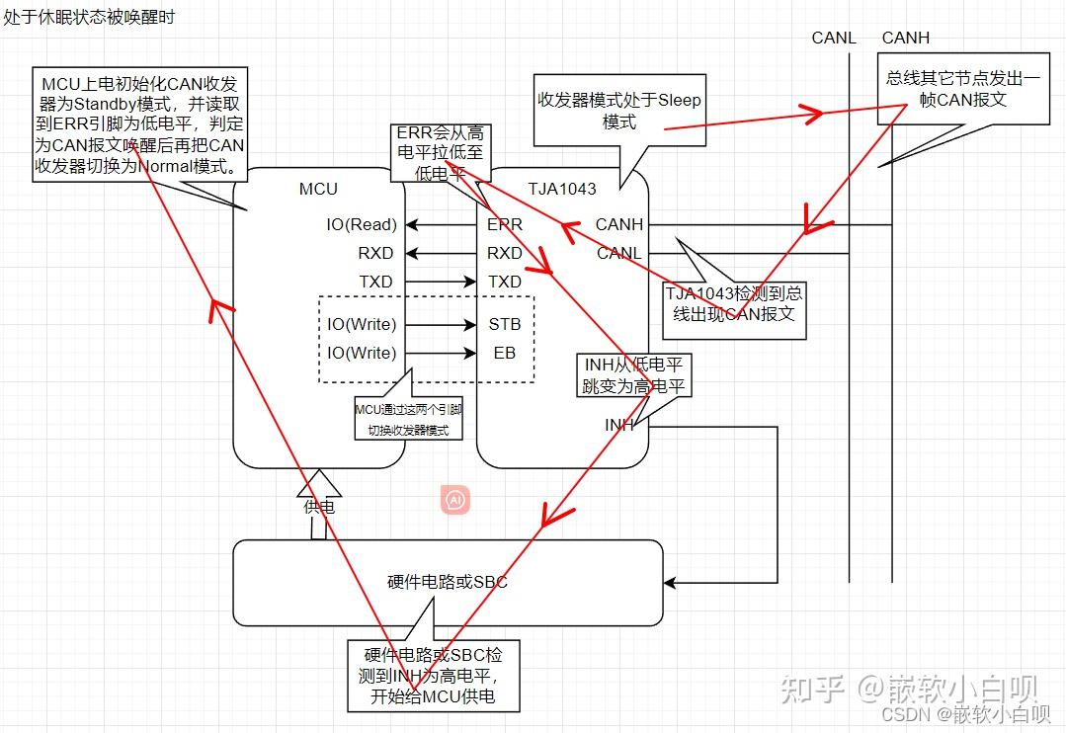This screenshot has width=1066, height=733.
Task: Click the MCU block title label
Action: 317,189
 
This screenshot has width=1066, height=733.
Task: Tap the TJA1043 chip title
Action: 561,189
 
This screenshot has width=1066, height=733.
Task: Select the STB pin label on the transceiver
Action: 504,324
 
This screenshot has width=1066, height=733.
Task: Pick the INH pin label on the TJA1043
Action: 619,425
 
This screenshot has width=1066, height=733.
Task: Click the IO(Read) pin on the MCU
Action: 362,224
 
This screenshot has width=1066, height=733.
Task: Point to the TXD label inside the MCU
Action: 375,282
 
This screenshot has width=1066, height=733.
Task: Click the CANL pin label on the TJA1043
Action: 618,253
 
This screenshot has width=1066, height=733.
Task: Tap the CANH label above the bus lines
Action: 905,38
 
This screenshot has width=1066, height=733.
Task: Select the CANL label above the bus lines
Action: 835,38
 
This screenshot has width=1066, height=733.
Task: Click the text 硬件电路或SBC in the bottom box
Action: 448,582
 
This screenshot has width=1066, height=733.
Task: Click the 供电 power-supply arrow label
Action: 318,506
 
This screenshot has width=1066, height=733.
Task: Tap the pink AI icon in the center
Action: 455,500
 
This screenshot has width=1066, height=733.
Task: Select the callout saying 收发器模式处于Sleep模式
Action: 619,112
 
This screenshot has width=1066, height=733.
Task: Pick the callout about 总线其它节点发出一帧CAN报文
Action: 962,89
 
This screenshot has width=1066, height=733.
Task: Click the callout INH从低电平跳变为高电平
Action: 633,376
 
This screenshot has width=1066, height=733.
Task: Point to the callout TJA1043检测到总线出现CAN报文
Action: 733,303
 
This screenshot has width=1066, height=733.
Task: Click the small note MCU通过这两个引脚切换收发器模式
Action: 408,420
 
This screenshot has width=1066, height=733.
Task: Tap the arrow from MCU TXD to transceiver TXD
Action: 441,282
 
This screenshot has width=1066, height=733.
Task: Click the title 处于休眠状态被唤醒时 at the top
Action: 89,18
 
